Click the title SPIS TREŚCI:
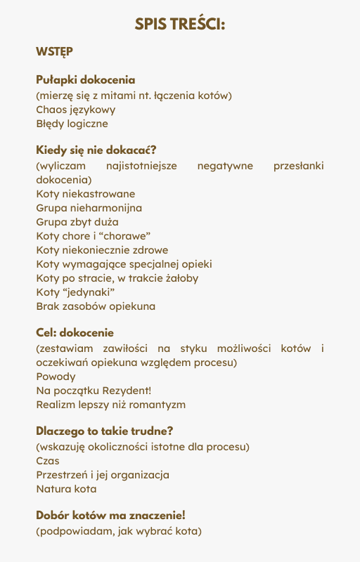[180, 25]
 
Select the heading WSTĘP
[54, 51]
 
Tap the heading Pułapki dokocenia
[85, 80]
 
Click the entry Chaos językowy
[76, 110]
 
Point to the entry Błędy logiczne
[72, 124]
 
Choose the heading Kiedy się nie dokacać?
[96, 150]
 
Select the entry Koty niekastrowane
[86, 194]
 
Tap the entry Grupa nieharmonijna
[89, 208]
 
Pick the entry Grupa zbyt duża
[77, 222]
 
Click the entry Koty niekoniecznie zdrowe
[102, 250]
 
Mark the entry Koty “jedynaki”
[75, 292]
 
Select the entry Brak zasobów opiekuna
[96, 306]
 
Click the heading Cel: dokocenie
[75, 333]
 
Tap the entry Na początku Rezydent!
[94, 391]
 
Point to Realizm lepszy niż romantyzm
[111, 405]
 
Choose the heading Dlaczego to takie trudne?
[104, 431]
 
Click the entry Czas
[48, 461]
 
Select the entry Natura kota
[66, 489]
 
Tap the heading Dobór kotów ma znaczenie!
[110, 515]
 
